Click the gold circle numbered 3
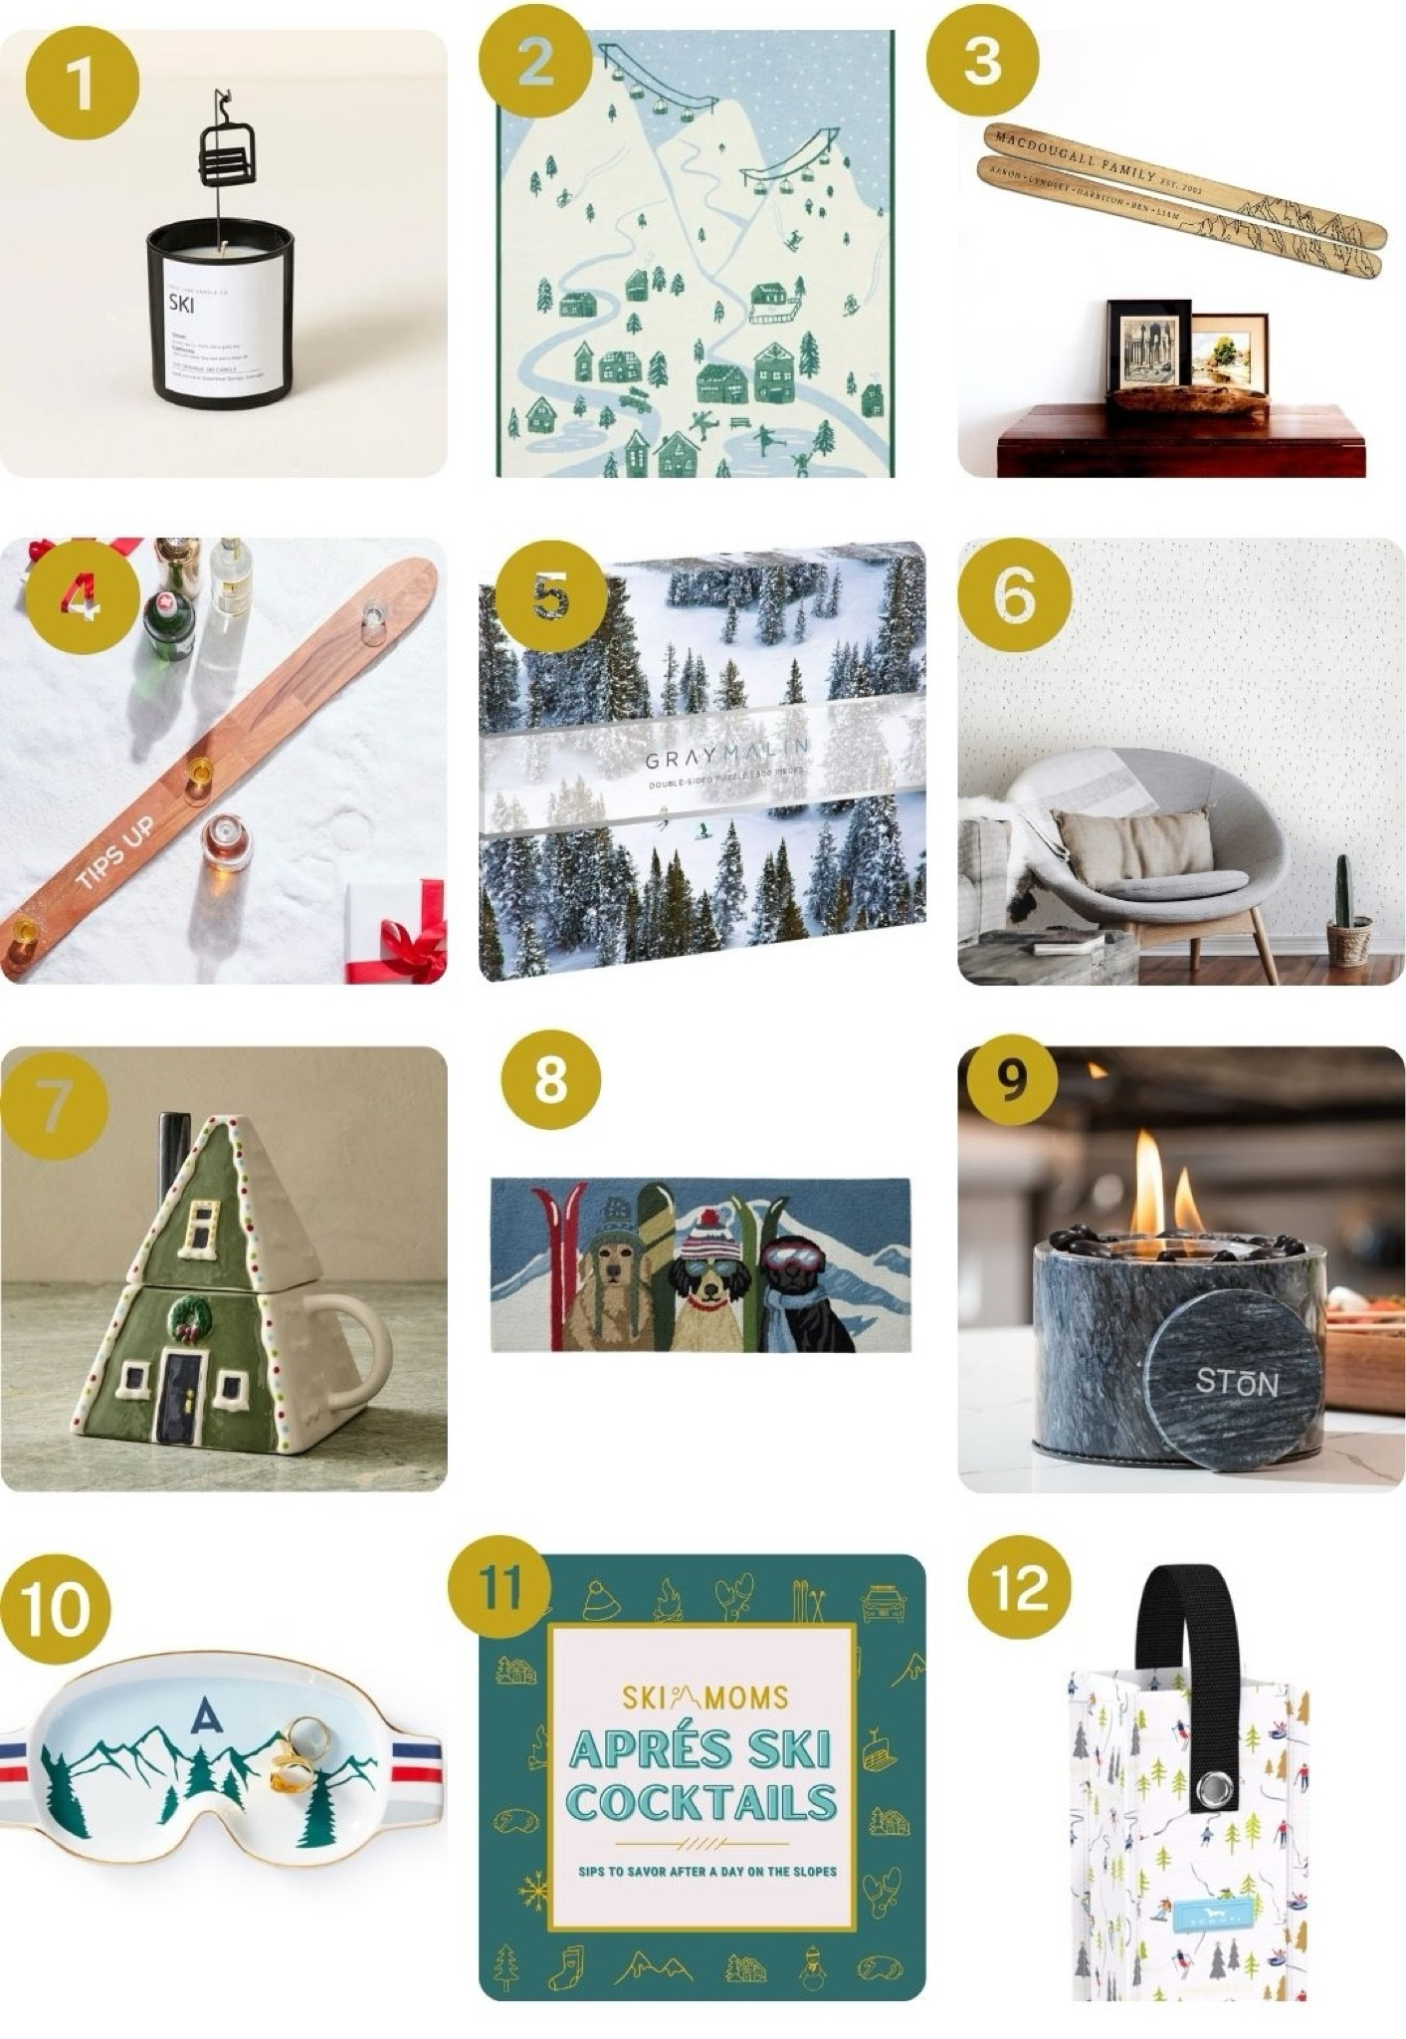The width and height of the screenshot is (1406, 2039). [982, 59]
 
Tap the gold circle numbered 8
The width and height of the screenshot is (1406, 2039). [550, 1080]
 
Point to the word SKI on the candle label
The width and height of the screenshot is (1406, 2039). [182, 306]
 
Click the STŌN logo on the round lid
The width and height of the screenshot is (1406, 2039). [1236, 1381]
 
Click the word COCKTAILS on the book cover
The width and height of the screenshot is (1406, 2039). [702, 1802]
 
